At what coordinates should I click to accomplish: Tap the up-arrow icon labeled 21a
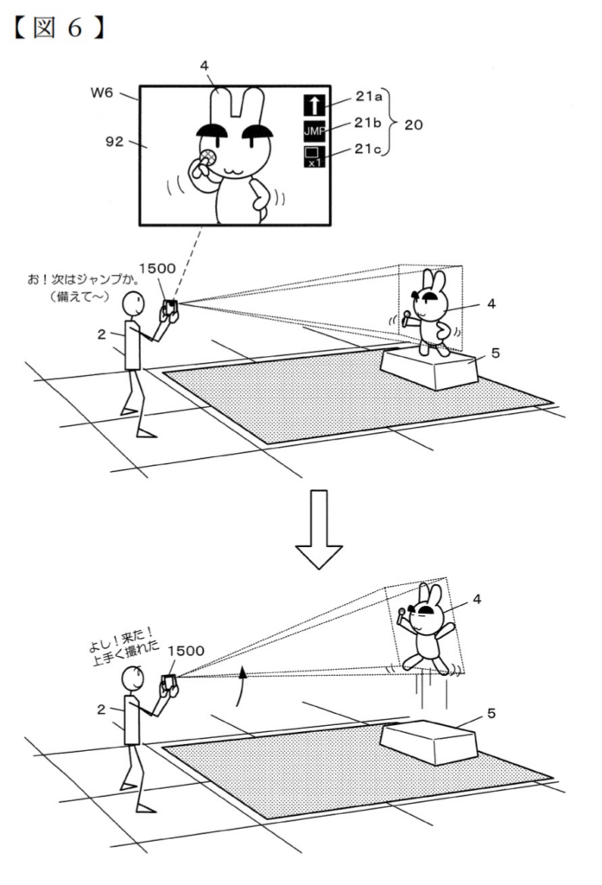313,105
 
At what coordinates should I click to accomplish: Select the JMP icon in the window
313,131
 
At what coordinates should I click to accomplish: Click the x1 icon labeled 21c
313,156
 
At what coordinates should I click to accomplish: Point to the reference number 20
414,124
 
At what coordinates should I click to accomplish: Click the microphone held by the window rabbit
207,159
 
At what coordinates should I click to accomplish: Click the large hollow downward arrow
319,528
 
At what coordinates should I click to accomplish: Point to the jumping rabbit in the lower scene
426,630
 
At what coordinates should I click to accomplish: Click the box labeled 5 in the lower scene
428,742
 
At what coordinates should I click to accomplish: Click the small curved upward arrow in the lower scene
243,685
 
